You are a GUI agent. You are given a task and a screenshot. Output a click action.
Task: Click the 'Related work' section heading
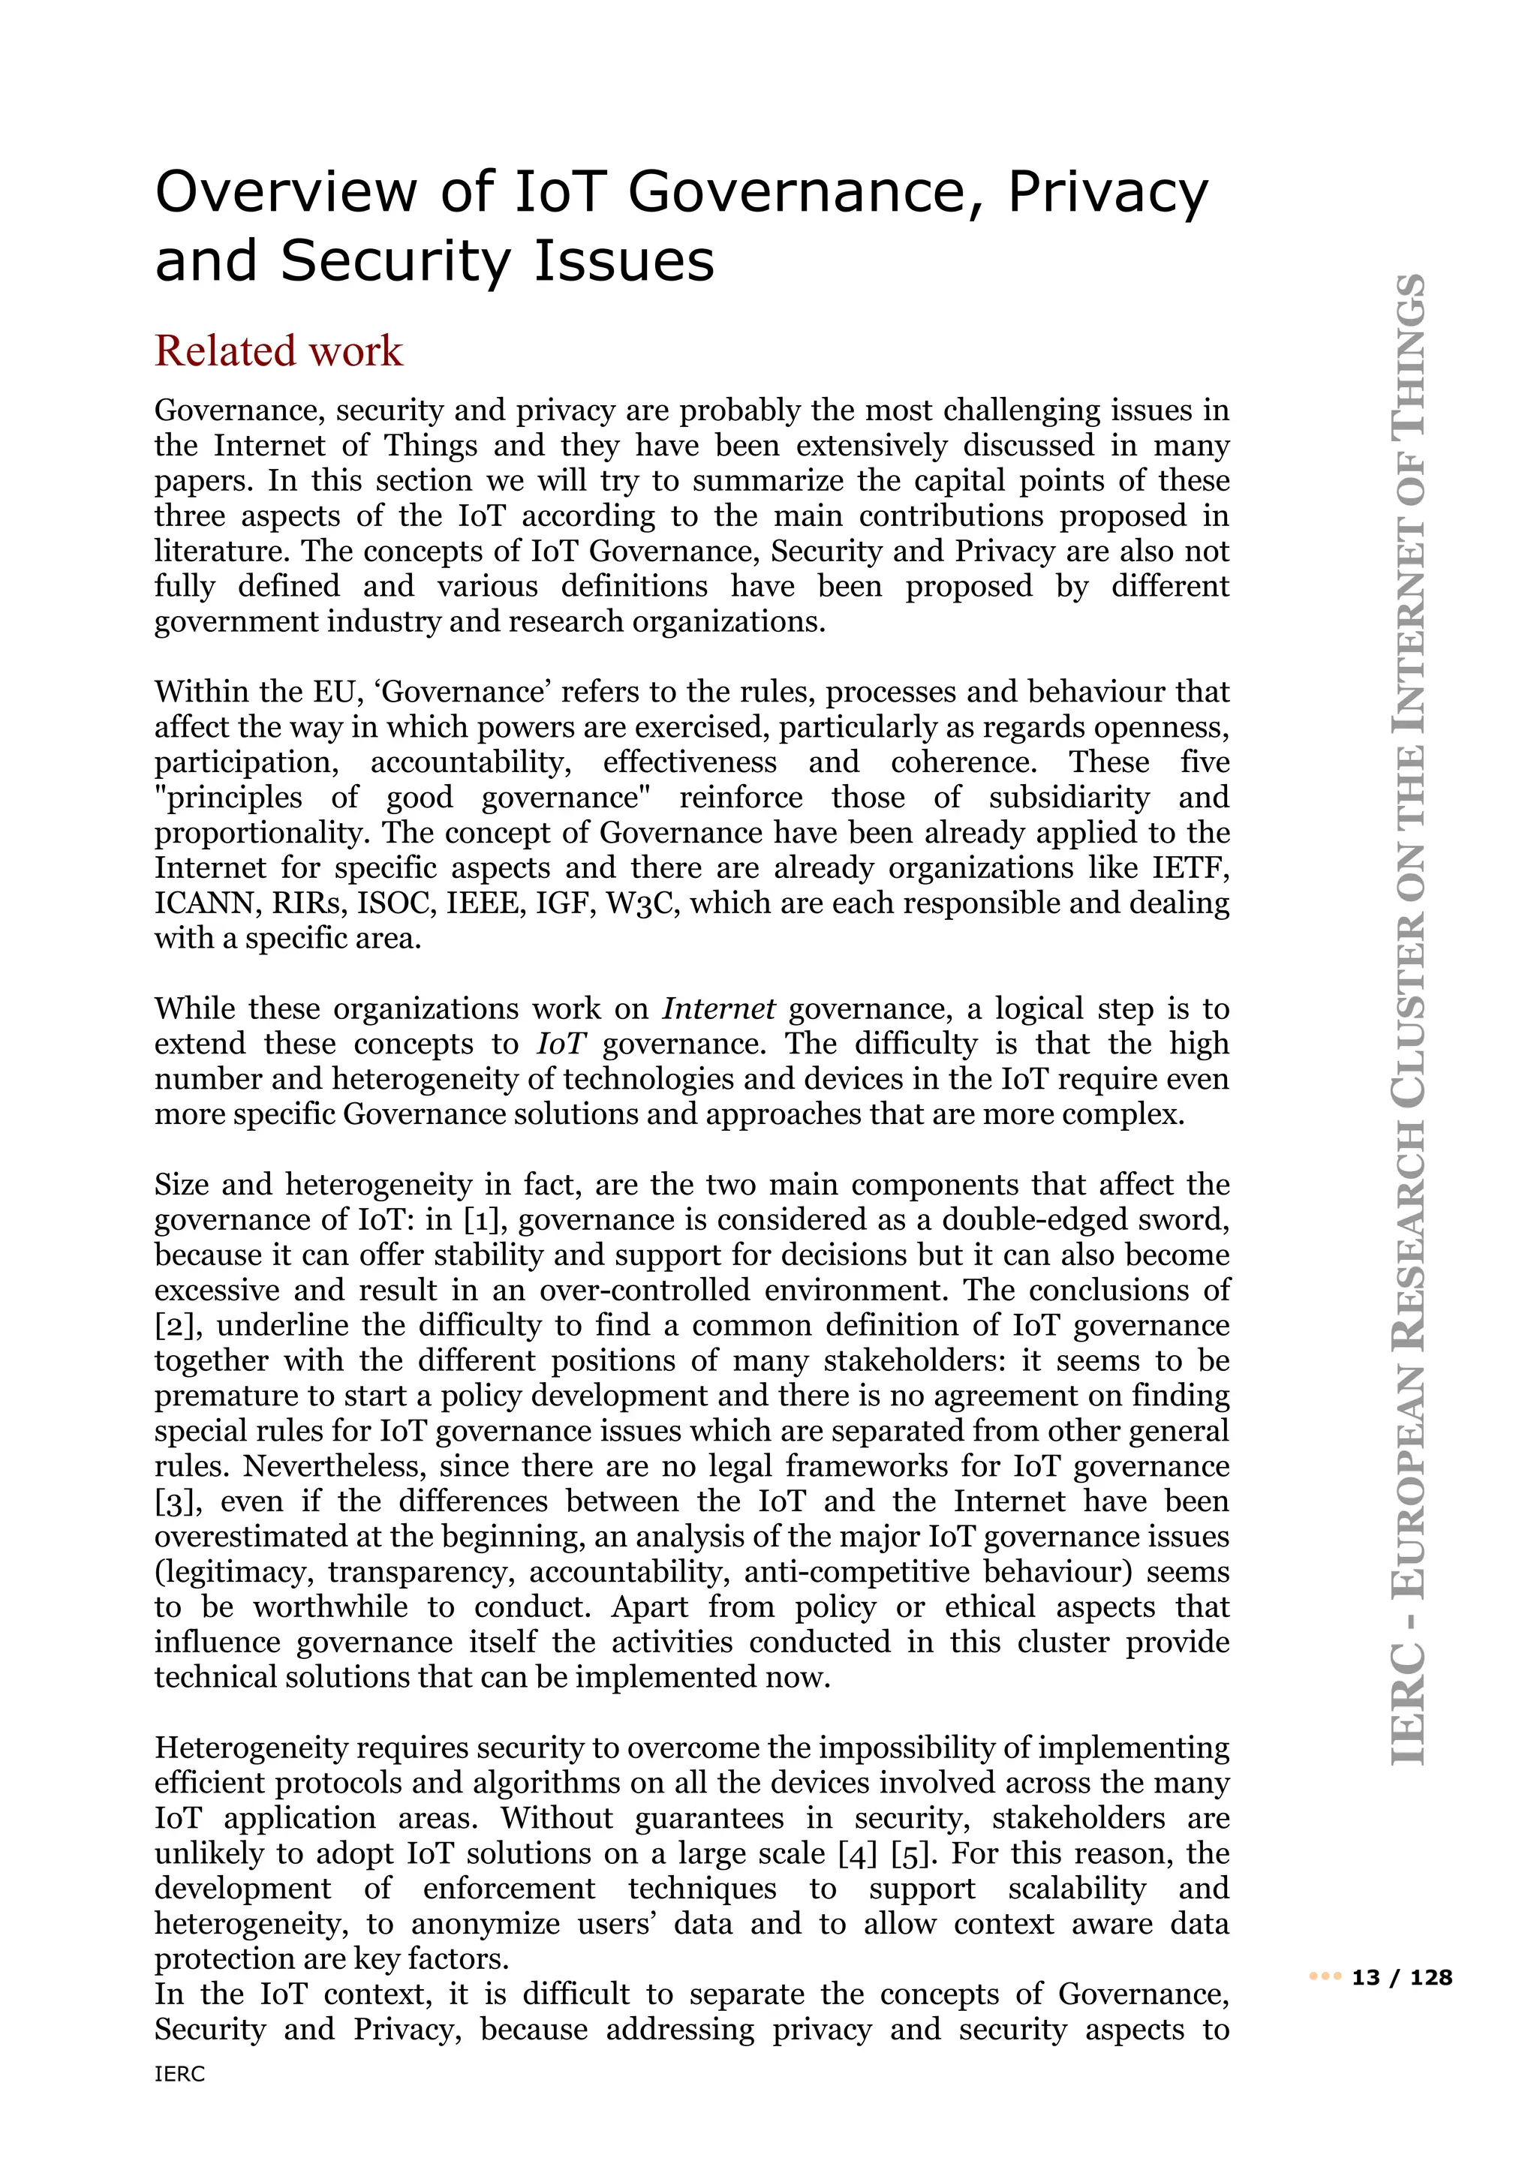278,351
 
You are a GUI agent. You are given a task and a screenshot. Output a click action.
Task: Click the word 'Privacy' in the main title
1106,192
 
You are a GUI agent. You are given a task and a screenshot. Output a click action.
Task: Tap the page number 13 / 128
1402,1977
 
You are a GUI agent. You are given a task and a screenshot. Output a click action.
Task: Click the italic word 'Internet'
718,1009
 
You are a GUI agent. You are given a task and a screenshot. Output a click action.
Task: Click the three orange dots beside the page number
1325,1977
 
